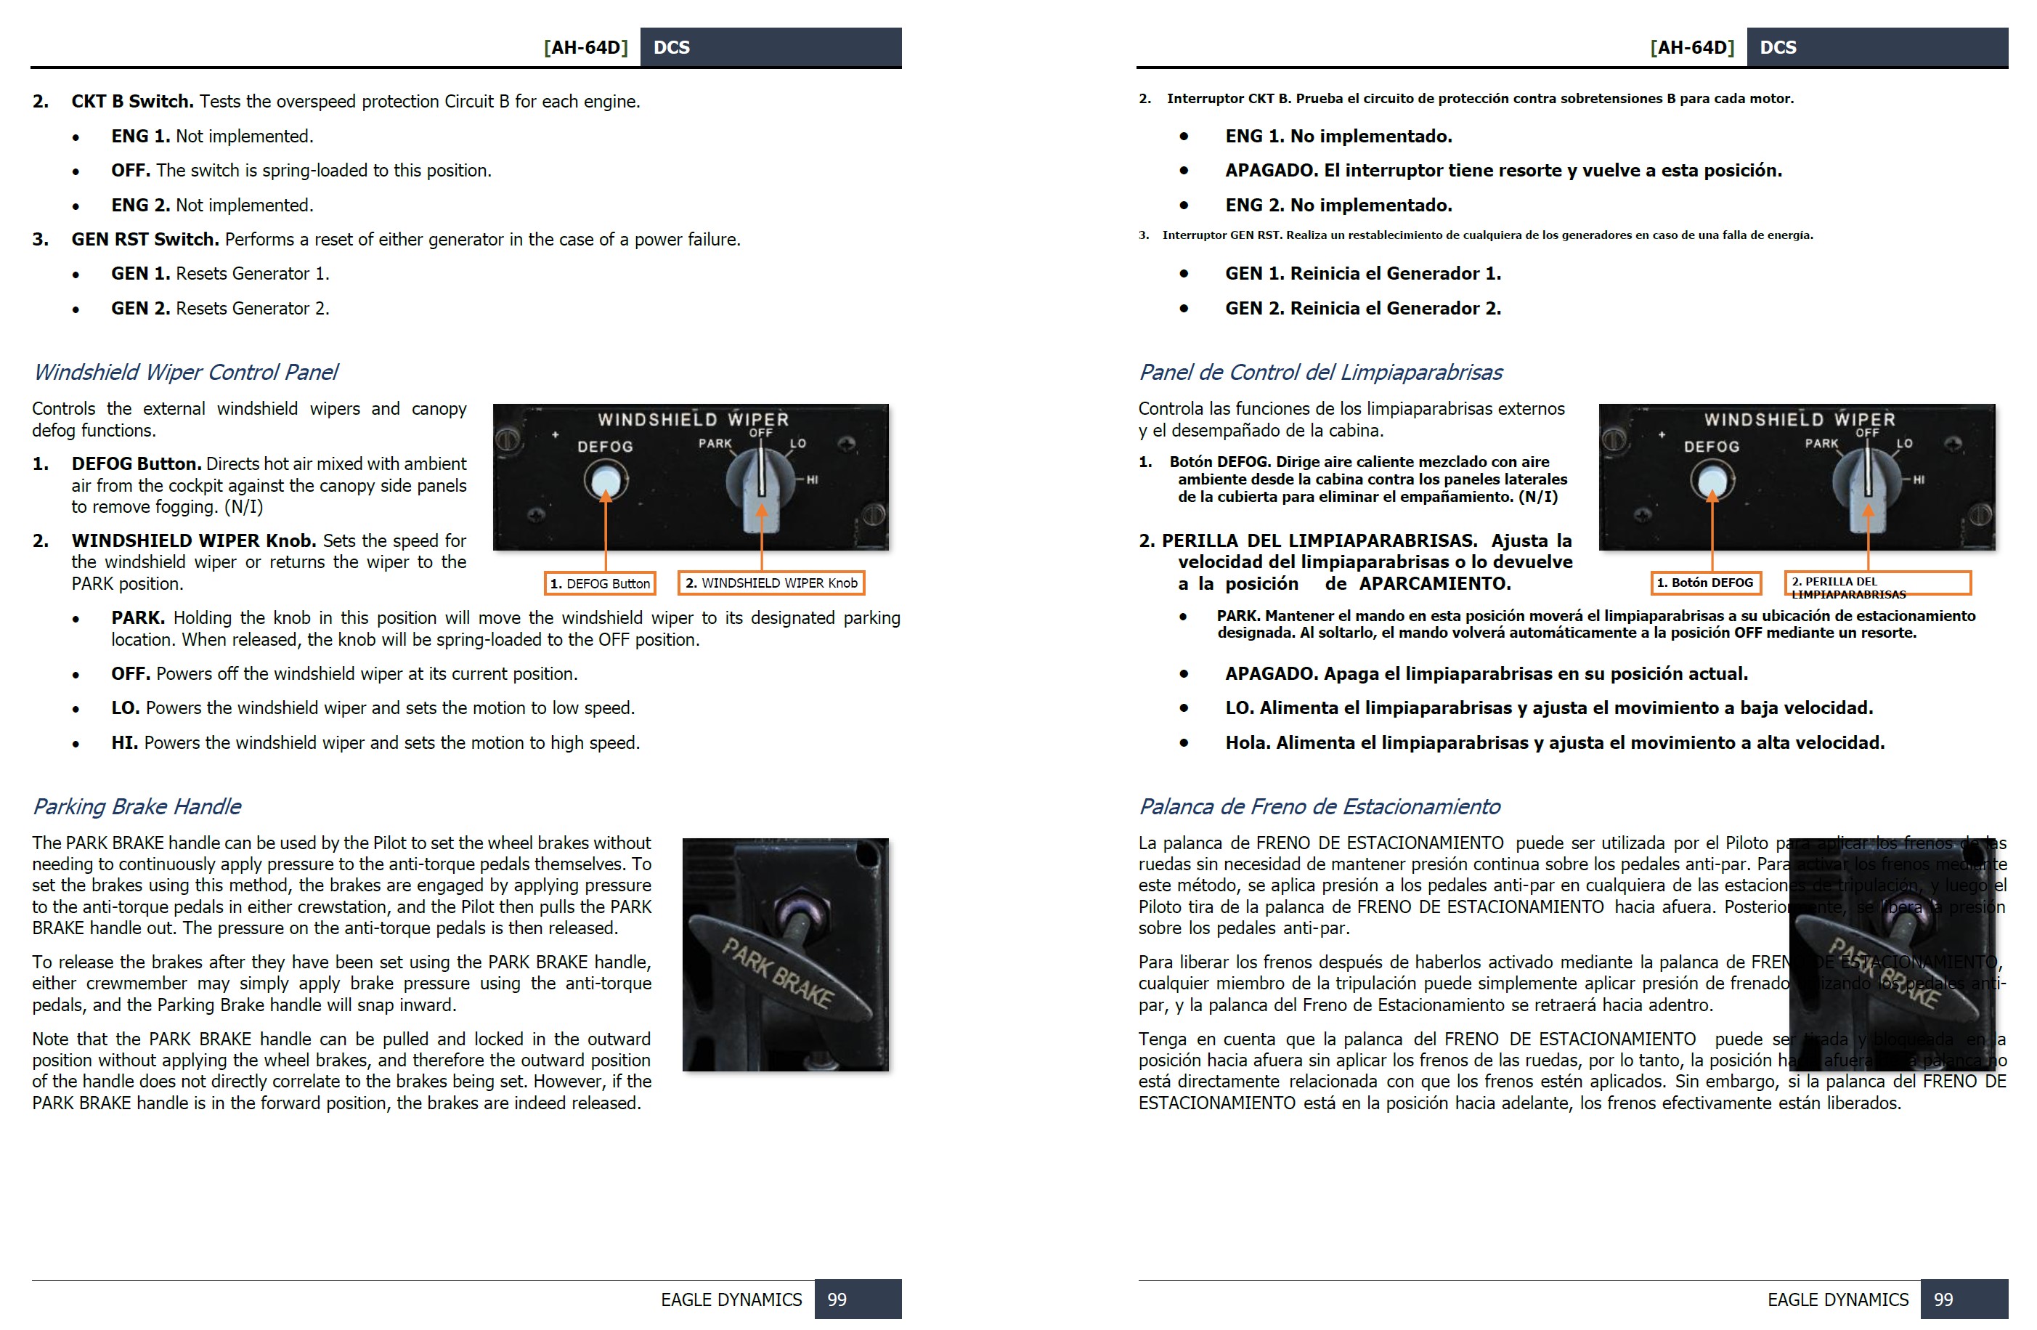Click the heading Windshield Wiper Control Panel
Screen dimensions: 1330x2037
(185, 373)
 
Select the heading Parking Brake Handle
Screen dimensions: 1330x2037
(137, 806)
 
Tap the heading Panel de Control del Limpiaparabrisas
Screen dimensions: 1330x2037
(1320, 373)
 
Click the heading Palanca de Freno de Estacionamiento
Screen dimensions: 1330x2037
(1318, 806)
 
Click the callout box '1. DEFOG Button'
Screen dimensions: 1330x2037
(600, 583)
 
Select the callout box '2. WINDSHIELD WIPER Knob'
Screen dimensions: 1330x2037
(771, 583)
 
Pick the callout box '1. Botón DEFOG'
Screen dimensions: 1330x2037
(1705, 583)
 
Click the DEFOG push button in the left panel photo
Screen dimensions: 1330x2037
(605, 480)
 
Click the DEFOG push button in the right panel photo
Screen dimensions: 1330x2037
(1712, 480)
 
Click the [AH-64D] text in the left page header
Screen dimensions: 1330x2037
(586, 47)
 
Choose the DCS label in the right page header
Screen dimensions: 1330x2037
(1778, 47)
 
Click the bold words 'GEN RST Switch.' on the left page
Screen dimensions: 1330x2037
(145, 240)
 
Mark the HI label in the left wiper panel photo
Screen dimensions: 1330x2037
(811, 480)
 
